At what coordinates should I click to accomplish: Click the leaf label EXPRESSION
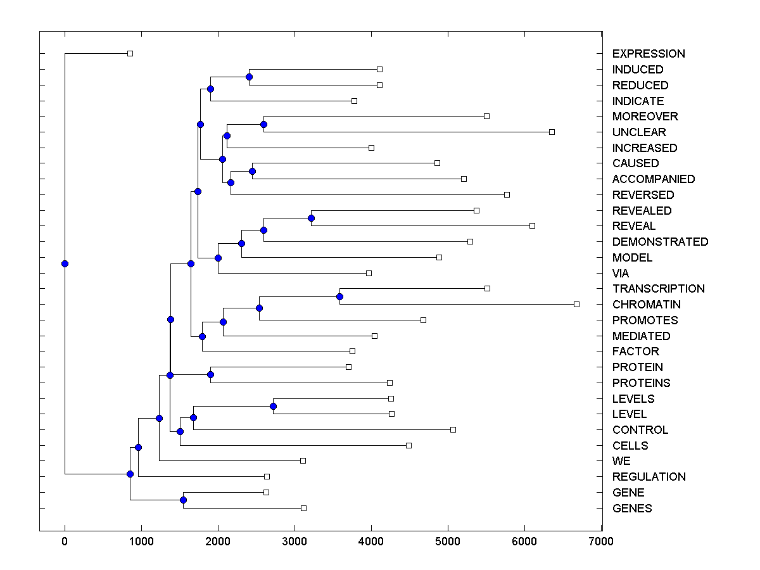(x=649, y=54)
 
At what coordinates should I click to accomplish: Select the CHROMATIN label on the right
(x=646, y=305)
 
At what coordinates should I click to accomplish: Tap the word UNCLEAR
(x=639, y=132)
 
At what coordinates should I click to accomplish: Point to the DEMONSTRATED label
(x=660, y=242)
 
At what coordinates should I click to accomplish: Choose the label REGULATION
(x=649, y=477)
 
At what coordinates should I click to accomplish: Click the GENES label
(x=631, y=509)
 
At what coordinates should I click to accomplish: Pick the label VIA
(x=621, y=274)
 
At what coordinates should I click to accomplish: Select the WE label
(x=621, y=461)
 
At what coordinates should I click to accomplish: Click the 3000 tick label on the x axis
(x=294, y=541)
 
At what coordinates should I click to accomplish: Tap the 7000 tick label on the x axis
(x=601, y=541)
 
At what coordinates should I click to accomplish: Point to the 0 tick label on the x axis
(x=65, y=541)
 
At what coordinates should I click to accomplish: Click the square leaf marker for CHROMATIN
(x=576, y=304)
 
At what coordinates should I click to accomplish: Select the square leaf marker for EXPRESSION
(x=130, y=53)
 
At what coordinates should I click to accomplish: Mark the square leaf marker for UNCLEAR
(x=552, y=132)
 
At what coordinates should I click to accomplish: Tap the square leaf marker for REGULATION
(x=267, y=476)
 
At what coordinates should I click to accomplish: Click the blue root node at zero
(x=65, y=263)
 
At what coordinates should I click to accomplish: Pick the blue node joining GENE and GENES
(x=183, y=500)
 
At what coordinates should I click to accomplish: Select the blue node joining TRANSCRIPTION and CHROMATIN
(x=339, y=296)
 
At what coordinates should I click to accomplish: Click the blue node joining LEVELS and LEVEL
(x=273, y=406)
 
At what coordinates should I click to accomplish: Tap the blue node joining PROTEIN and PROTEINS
(x=210, y=374)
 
